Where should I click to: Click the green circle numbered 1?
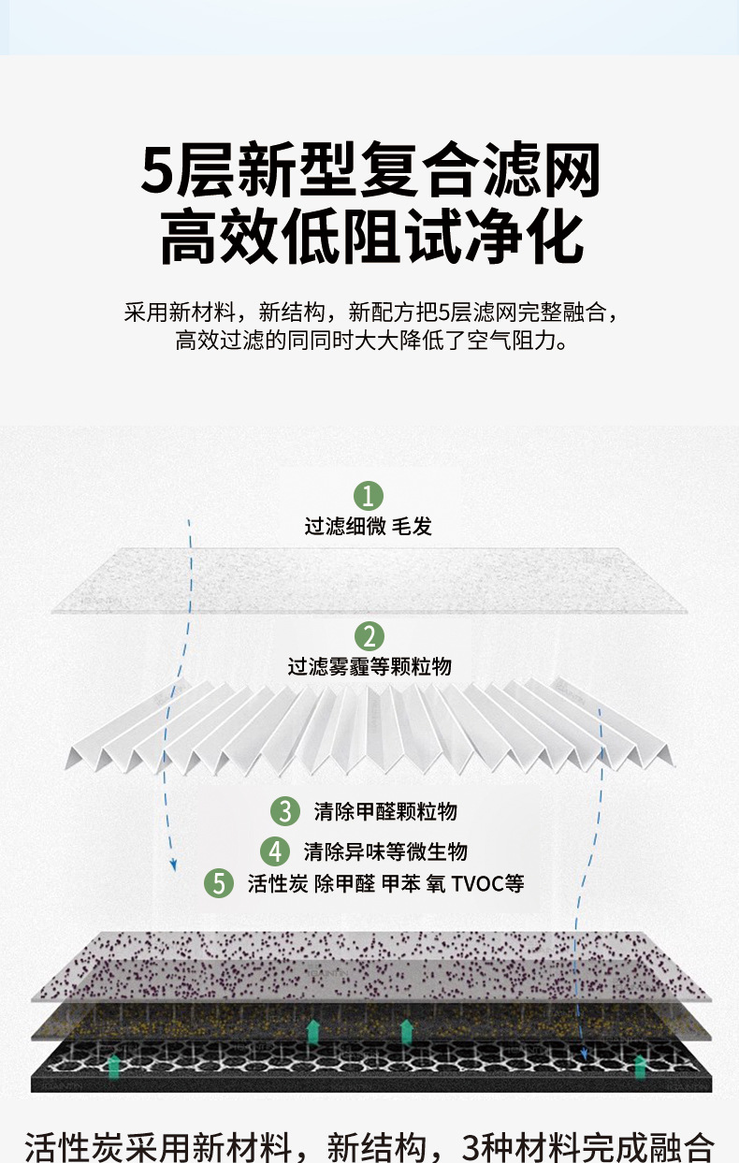pos(369,496)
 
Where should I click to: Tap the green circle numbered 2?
pos(369,636)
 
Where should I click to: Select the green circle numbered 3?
pos(284,811)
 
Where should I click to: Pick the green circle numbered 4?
pos(275,851)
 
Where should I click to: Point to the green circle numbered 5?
pos(219,883)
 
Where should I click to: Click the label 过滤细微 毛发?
pos(369,527)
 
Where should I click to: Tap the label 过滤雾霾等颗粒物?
pos(369,667)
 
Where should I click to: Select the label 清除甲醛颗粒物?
pos(385,811)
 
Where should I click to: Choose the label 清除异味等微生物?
pos(385,851)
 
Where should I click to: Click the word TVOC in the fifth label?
pos(477,883)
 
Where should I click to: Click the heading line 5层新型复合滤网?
pos(369,169)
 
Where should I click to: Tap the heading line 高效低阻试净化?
pos(369,238)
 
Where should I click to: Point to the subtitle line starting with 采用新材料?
pos(369,312)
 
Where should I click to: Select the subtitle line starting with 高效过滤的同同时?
pos(369,340)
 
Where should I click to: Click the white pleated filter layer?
pos(369,725)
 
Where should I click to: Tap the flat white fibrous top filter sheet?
pos(369,580)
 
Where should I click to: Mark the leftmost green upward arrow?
pos(114,1063)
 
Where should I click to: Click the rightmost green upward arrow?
pos(641,1065)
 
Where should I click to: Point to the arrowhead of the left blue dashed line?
pos(173,865)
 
